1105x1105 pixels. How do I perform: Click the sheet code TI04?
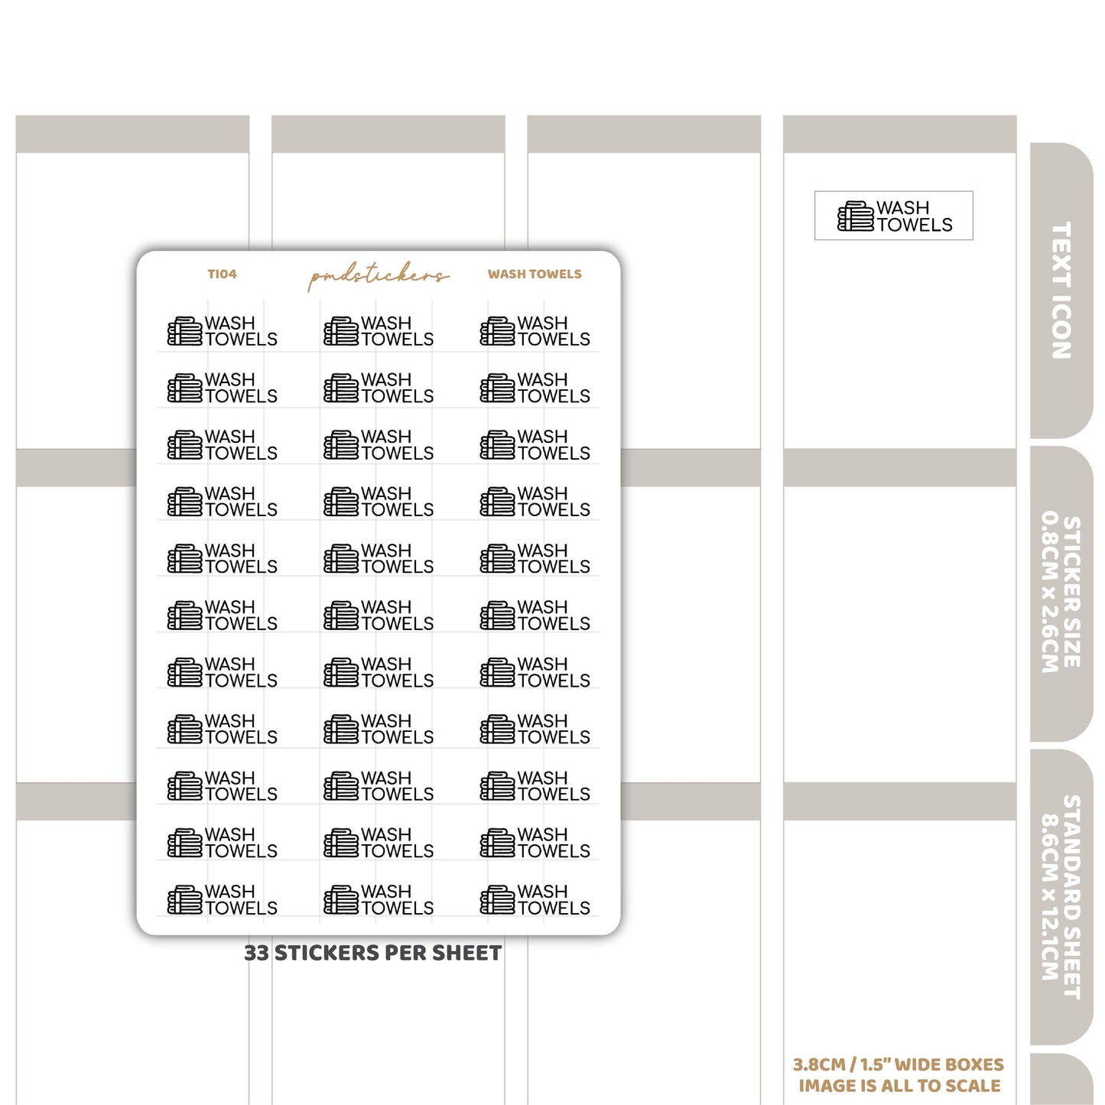(222, 274)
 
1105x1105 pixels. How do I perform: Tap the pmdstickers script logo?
(378, 276)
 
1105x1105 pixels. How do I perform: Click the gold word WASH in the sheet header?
(503, 274)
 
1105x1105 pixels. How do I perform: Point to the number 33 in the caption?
(256, 953)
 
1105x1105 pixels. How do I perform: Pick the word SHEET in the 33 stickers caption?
(466, 953)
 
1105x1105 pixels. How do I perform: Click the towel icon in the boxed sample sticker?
(855, 216)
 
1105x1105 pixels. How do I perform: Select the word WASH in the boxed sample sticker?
(902, 207)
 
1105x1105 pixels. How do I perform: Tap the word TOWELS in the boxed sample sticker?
(915, 225)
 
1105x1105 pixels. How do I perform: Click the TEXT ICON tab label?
(1061, 290)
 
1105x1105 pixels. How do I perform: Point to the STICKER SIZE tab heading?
(1072, 592)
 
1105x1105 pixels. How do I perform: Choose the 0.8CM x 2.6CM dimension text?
(1049, 592)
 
